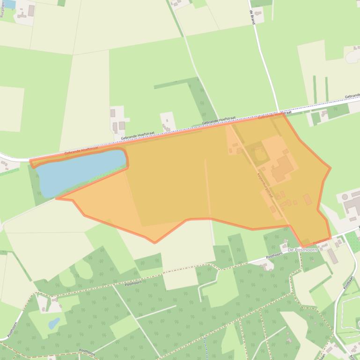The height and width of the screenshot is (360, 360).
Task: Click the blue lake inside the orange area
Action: point(80,172)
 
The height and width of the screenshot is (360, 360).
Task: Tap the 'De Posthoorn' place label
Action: point(302,250)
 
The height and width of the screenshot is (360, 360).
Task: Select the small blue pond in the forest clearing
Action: point(54,323)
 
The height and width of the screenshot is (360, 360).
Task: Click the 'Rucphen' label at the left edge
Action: point(3,8)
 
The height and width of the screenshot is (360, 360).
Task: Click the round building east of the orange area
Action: point(345,197)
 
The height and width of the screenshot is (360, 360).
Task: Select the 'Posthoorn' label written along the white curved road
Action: point(9,327)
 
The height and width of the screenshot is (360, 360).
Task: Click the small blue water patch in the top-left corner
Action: point(9,4)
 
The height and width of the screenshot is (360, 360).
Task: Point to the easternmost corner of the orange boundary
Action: point(331,168)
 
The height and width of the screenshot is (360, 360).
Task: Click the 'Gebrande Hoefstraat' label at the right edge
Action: point(352,96)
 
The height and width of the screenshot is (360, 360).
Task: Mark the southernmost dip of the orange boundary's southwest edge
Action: point(155,242)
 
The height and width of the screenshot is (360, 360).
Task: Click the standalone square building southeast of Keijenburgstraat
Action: point(307,199)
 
